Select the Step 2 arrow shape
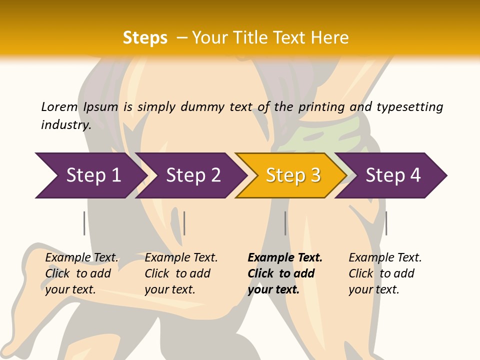point(193,175)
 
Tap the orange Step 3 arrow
point(292,175)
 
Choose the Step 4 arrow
point(392,175)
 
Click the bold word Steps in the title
point(145,38)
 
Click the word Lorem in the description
point(59,106)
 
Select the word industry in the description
point(66,124)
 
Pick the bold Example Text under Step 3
point(285,258)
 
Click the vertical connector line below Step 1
point(84,223)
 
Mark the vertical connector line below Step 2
point(184,223)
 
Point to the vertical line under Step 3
point(285,223)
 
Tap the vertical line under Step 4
point(386,223)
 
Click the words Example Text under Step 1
point(81,258)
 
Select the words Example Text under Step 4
point(385,258)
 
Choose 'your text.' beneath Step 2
point(170,290)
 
